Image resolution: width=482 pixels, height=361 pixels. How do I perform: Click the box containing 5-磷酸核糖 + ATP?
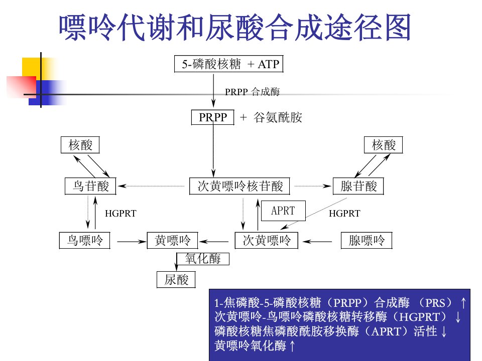(229, 64)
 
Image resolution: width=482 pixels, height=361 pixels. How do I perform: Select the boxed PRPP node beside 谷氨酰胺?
(213, 117)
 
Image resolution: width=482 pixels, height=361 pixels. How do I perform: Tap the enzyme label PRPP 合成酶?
(253, 91)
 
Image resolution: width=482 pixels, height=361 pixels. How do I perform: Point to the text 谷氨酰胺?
(278, 117)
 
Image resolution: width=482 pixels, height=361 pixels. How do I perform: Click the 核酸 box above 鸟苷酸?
(80, 145)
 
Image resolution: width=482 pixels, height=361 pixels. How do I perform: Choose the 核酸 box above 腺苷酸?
(383, 145)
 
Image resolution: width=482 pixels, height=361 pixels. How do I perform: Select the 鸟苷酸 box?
(90, 186)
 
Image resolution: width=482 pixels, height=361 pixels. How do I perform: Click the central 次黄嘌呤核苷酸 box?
(240, 186)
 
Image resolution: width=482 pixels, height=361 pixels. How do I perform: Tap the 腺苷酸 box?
(358, 186)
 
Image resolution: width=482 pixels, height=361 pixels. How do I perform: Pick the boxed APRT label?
(283, 211)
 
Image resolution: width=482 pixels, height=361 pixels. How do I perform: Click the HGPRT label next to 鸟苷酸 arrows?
(120, 214)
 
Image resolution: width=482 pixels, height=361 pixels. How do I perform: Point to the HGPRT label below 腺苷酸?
(344, 214)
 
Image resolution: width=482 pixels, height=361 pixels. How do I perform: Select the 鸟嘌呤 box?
(85, 240)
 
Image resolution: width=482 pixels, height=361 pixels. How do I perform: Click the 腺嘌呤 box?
(367, 240)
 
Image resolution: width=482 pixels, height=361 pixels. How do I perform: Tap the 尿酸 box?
(176, 280)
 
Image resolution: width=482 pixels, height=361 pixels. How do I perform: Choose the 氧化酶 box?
(203, 259)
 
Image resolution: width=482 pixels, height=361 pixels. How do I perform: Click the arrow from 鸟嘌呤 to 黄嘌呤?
(132, 242)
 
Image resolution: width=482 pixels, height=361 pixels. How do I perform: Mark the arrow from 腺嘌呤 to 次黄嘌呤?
(317, 242)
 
